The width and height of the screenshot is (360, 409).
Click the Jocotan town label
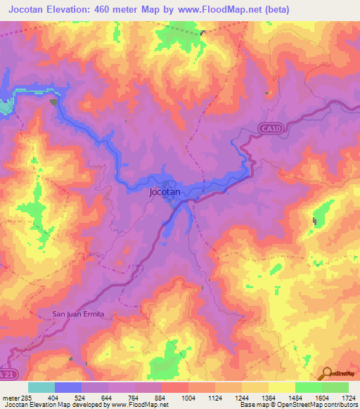(x=165, y=191)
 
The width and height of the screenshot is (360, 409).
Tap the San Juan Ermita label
(x=82, y=313)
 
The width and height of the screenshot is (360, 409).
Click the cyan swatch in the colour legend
(x=41, y=387)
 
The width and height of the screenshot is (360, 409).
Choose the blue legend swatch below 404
(x=67, y=387)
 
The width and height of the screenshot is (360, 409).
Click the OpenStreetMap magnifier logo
(x=327, y=373)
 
